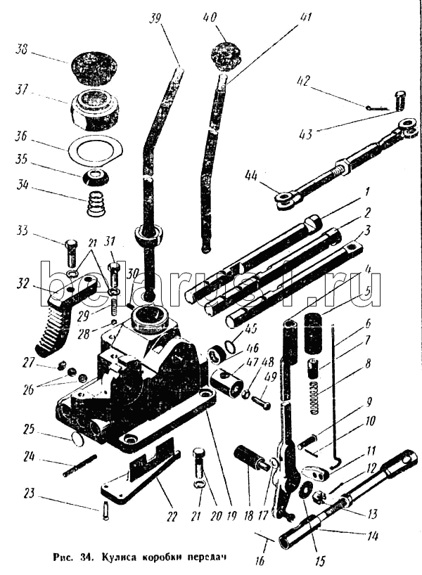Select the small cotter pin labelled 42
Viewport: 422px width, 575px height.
click(377, 108)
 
